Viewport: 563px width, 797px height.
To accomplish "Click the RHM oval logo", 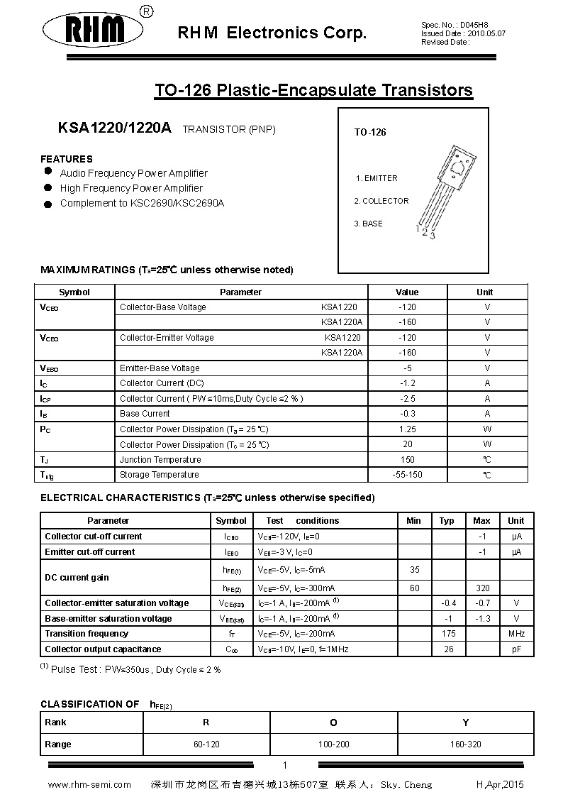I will [x=95, y=31].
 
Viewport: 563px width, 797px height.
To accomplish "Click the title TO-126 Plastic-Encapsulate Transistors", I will [x=313, y=90].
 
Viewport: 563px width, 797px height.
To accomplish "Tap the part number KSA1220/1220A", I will [x=114, y=128].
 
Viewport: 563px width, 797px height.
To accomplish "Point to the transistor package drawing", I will [x=443, y=190].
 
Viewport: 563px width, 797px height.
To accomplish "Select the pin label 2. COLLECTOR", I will [x=381, y=201].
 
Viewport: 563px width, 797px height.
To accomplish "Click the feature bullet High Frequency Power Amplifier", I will [x=131, y=188].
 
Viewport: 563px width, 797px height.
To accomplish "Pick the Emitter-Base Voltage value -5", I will [x=407, y=368].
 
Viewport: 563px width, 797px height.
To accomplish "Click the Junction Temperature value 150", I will [x=407, y=460].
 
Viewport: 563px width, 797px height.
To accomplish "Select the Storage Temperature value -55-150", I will [x=407, y=475].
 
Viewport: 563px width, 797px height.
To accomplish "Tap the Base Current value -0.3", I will [x=407, y=414].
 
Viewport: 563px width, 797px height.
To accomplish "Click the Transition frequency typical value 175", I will [x=448, y=634].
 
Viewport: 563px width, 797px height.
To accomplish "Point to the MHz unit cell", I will [x=516, y=634].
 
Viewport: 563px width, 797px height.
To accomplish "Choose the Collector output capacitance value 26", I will [x=448, y=649].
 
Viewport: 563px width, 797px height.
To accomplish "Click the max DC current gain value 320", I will [x=482, y=588].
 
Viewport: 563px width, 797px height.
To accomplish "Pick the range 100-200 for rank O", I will [x=333, y=744].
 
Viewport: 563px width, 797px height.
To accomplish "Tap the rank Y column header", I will [x=466, y=722].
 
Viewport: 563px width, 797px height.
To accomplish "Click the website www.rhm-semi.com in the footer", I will [x=89, y=784].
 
